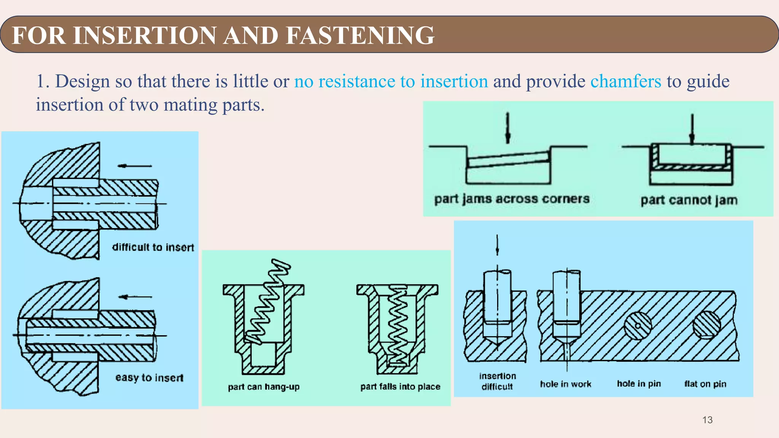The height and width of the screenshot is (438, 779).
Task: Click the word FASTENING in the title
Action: tap(359, 35)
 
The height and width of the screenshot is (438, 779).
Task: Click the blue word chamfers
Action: tap(626, 81)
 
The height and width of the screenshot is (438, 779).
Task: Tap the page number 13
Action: tap(707, 420)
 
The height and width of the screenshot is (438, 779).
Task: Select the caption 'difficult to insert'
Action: tap(153, 247)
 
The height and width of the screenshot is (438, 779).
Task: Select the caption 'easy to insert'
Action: tap(149, 378)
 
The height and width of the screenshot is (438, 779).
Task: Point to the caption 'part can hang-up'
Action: tap(264, 387)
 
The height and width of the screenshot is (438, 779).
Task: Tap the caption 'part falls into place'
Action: tap(400, 387)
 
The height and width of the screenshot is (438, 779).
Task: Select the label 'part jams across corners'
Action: tap(512, 199)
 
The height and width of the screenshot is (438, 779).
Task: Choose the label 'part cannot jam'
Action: tap(689, 200)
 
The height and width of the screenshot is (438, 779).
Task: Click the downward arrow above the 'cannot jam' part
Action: tap(692, 129)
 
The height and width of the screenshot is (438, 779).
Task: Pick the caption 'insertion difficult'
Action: tap(497, 381)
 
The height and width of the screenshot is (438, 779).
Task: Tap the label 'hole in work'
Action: tap(566, 384)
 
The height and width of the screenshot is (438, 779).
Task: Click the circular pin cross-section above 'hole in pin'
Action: tap(638, 325)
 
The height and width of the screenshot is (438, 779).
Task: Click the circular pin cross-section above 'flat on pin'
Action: tap(706, 325)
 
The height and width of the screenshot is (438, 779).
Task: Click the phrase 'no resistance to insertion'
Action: tap(391, 81)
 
